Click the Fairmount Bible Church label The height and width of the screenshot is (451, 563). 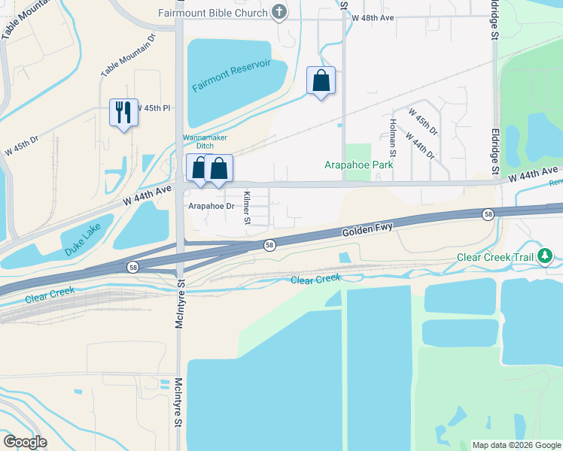[x=213, y=13]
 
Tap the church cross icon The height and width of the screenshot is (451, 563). [x=279, y=12]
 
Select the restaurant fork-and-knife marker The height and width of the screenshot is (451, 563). [x=123, y=113]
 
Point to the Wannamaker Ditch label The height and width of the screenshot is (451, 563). [x=204, y=142]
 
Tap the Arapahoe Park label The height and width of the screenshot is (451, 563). [x=358, y=165]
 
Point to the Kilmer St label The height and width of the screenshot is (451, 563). [x=246, y=207]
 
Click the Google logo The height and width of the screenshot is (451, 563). [x=25, y=442]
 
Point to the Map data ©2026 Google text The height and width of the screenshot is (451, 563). [x=516, y=445]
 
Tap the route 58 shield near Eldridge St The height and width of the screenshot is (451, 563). [x=488, y=215]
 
